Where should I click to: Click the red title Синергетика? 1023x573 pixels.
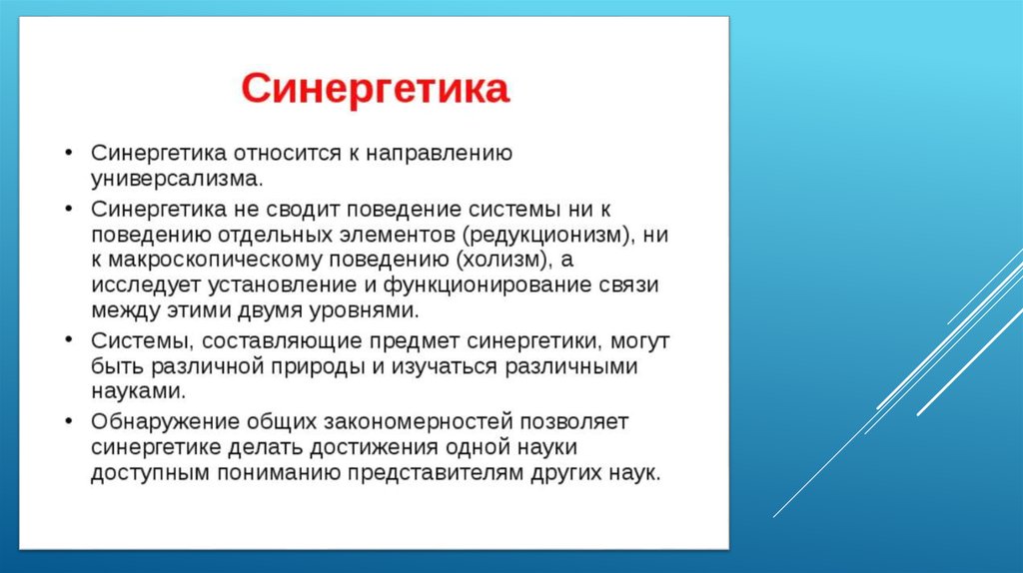[376, 89]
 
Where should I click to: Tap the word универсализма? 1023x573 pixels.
[177, 179]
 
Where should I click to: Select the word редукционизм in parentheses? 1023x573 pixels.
[547, 235]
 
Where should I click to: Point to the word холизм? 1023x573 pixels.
[502, 260]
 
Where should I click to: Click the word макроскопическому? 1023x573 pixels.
[216, 261]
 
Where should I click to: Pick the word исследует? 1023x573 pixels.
[147, 286]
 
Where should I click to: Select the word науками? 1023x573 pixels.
[138, 391]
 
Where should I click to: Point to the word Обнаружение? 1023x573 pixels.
[166, 422]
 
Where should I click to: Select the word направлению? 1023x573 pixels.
[440, 154]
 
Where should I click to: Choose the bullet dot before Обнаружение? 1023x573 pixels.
[69, 422]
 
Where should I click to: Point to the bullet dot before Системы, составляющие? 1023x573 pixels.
[69, 340]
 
